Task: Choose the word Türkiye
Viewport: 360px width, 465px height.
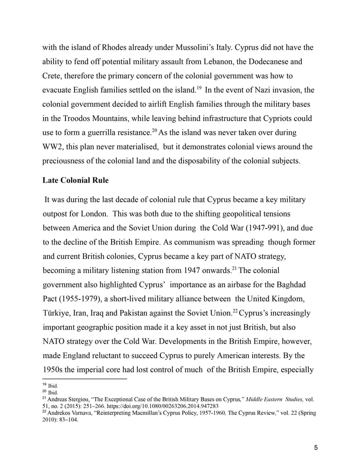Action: pyautogui.click(x=58, y=313)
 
